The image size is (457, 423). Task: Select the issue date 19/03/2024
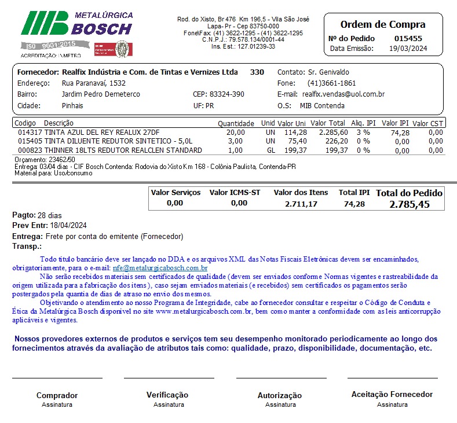[409, 49]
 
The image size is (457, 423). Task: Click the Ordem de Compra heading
[382, 24]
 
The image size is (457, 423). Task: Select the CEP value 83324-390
[226, 94]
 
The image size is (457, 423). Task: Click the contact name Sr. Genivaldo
[329, 72]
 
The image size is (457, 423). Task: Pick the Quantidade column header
[236, 123]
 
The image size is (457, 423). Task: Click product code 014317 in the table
[28, 133]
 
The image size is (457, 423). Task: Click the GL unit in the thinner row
[270, 150]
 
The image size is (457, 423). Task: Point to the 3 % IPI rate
[363, 133]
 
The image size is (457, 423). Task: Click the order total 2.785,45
[410, 204]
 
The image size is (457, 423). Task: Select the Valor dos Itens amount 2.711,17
[301, 204]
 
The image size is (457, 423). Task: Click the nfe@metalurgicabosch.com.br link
[160, 268]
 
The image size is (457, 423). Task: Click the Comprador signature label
[57, 395]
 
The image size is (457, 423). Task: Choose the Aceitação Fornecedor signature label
[392, 394]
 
